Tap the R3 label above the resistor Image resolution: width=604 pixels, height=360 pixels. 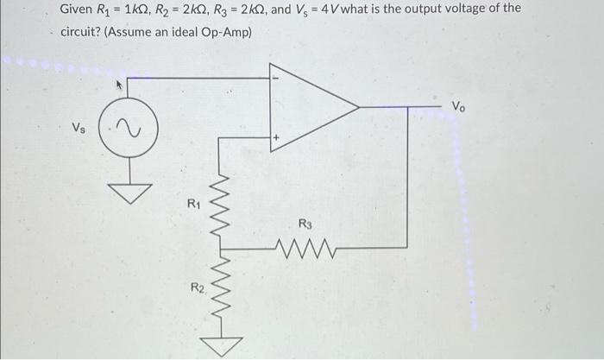pos(305,224)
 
